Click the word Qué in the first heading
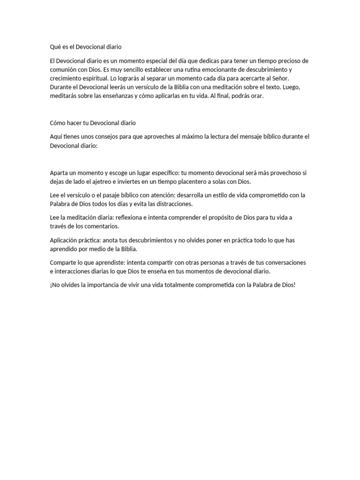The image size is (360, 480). (x=55, y=47)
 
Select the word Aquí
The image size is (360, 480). (x=56, y=136)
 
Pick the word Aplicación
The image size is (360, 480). (x=65, y=240)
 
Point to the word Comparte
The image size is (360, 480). (x=64, y=263)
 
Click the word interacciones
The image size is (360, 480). (x=75, y=272)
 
